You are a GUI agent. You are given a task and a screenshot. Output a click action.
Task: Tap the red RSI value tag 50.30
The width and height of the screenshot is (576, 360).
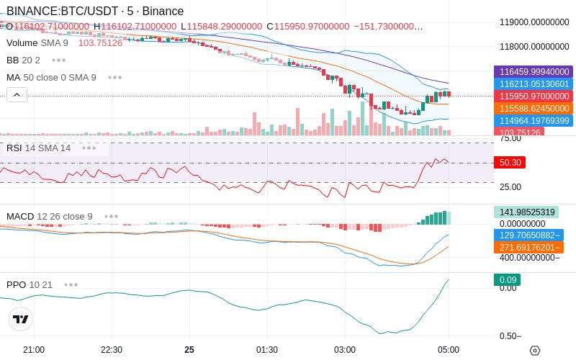[510, 163]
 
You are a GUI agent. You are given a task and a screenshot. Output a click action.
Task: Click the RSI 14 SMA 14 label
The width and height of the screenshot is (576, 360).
[39, 148]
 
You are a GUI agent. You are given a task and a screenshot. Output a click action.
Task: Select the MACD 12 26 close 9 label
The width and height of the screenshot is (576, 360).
[50, 216]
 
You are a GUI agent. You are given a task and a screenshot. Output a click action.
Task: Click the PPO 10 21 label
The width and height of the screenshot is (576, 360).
[30, 284]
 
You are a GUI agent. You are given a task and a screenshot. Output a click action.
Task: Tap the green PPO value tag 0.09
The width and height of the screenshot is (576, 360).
[506, 280]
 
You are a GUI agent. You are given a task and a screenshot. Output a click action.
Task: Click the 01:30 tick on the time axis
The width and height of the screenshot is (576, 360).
[267, 349]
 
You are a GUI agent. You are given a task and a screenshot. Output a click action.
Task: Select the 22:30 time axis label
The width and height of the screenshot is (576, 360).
[112, 349]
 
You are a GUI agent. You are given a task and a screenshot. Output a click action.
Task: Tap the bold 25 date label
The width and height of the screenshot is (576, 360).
[189, 349]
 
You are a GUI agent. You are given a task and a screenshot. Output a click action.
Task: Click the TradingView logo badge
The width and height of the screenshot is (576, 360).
[21, 319]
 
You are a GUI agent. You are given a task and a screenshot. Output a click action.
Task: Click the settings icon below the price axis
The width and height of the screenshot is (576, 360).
[534, 351]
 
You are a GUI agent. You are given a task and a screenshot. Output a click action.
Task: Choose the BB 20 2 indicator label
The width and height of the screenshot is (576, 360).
[23, 60]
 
